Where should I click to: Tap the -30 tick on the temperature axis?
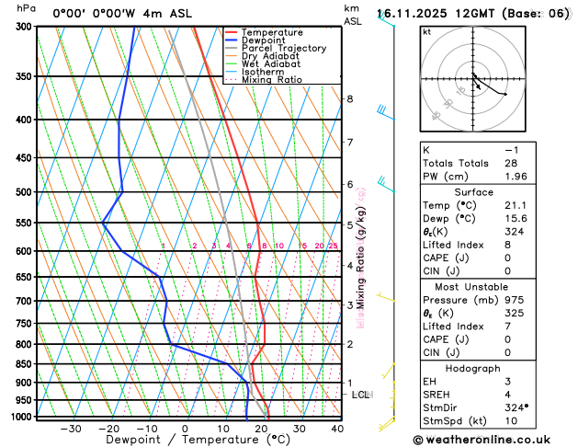coord(70,429)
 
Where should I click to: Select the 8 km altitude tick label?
coord(349,99)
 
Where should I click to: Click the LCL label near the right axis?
coord(361,395)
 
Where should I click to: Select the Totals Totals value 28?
coord(511,163)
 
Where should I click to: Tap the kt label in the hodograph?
coord(426,32)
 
